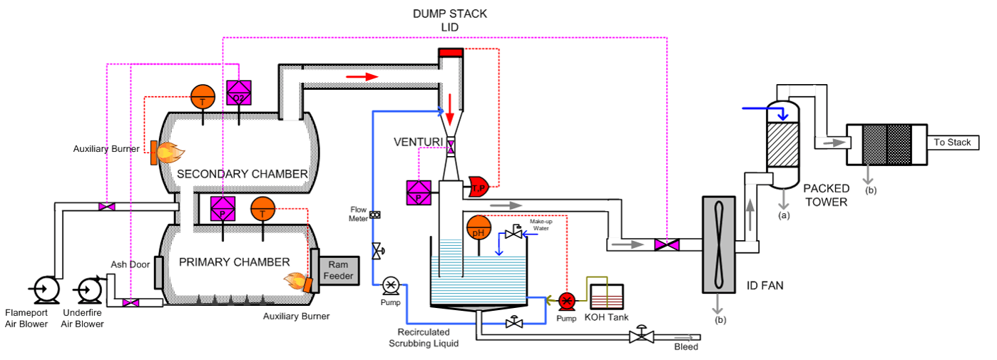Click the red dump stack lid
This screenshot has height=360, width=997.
(451, 51)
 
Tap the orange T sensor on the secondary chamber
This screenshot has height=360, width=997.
(203, 99)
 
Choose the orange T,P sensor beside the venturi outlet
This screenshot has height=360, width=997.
(477, 187)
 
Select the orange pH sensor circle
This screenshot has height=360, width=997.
(479, 229)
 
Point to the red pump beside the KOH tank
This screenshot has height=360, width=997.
(566, 299)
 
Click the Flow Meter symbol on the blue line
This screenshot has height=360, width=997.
(375, 215)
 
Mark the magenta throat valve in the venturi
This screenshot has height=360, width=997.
(451, 148)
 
